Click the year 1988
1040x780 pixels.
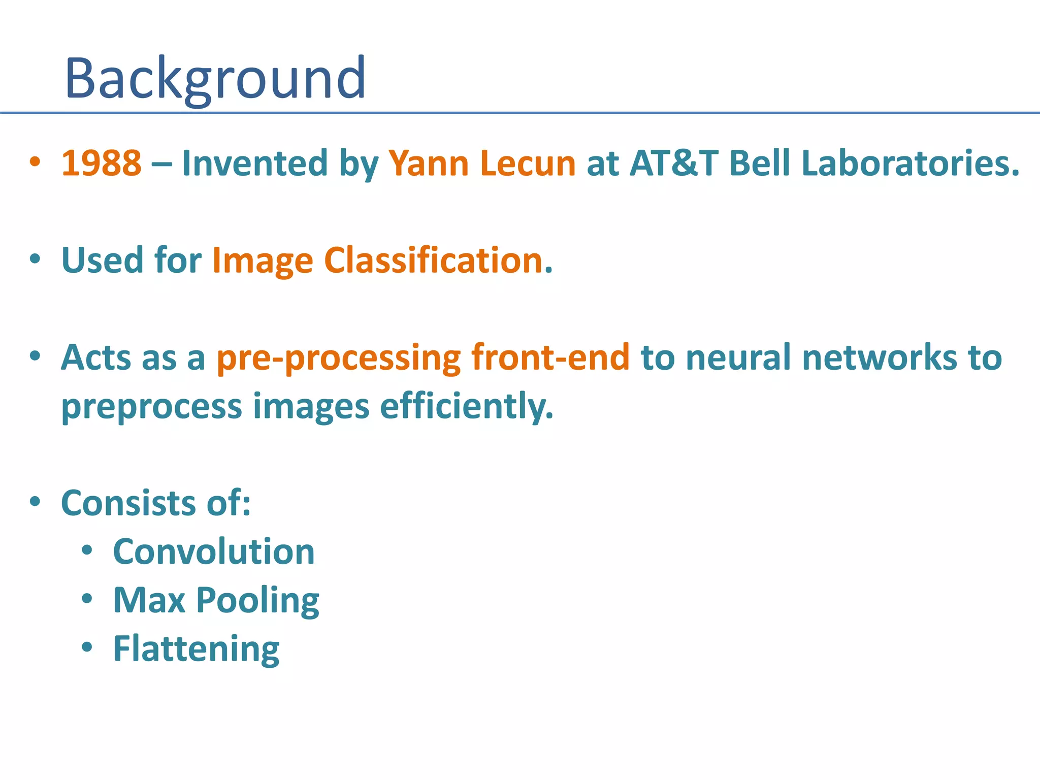pyautogui.click(x=101, y=164)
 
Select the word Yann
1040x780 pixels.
pyautogui.click(x=428, y=164)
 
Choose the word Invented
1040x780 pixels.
pyautogui.click(x=255, y=164)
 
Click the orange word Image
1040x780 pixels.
pyautogui.click(x=263, y=261)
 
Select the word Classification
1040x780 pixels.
pyautogui.click(x=433, y=260)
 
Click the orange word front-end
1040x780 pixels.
pyautogui.click(x=550, y=357)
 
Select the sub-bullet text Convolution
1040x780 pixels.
pyautogui.click(x=214, y=552)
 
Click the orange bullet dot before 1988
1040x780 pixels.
pyautogui.click(x=35, y=162)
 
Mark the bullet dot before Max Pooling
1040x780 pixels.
pyautogui.click(x=87, y=599)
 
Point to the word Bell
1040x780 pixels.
pyautogui.click(x=759, y=164)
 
